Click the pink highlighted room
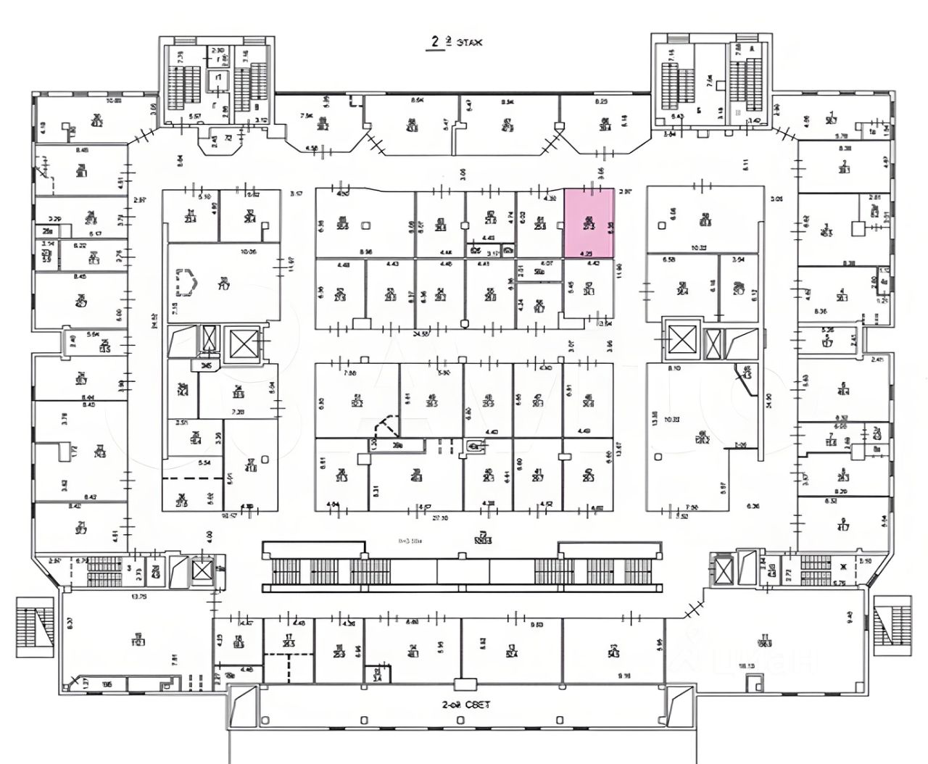[x=589, y=223]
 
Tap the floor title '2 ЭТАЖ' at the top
[x=455, y=43]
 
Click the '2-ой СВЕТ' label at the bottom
[x=465, y=704]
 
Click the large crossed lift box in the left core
[x=244, y=343]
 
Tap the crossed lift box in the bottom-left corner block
[x=200, y=570]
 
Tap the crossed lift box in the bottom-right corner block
[x=724, y=570]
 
